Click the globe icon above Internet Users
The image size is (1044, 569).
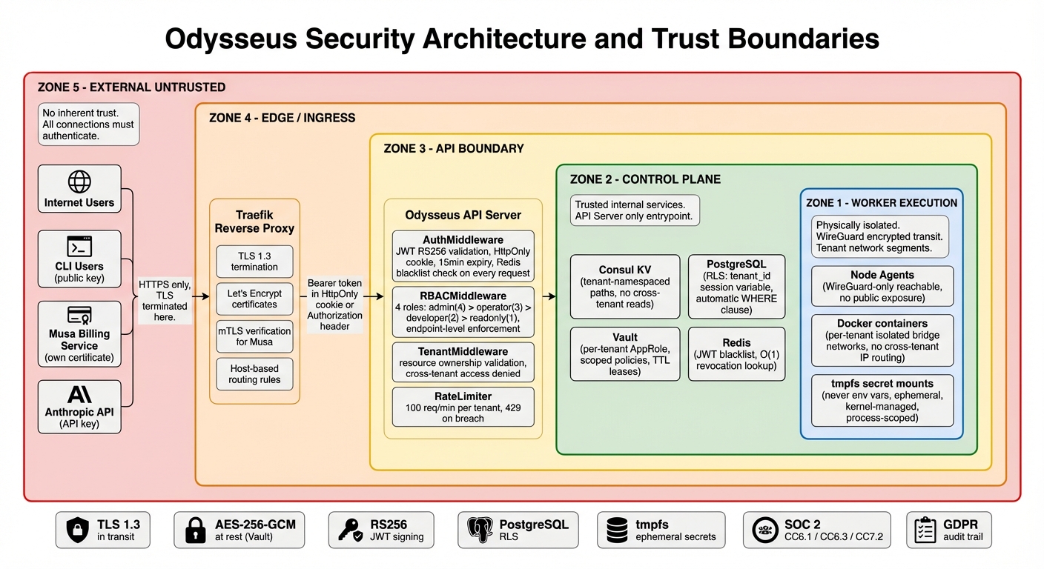pyautogui.click(x=79, y=182)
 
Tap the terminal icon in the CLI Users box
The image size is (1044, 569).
pyautogui.click(x=79, y=246)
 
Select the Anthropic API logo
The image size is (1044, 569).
pyautogui.click(x=79, y=394)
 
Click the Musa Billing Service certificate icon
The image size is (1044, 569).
pyautogui.click(x=79, y=316)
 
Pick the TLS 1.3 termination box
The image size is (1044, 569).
pyautogui.click(x=254, y=262)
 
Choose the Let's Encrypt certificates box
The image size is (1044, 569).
pyautogui.click(x=254, y=299)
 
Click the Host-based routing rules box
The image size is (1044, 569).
pyautogui.click(x=254, y=374)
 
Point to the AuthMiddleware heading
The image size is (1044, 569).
pyautogui.click(x=463, y=240)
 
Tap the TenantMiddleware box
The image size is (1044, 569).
pyautogui.click(x=463, y=362)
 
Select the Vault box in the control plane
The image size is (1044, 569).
pyautogui.click(x=624, y=354)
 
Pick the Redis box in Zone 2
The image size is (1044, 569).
pyautogui.click(x=736, y=354)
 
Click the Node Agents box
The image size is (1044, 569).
pyautogui.click(x=882, y=286)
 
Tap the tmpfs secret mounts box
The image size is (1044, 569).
pyautogui.click(x=882, y=400)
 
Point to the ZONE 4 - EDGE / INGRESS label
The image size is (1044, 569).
pyautogui.click(x=282, y=118)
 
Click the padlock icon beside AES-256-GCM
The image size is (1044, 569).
pyautogui.click(x=195, y=530)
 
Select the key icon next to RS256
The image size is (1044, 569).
pyautogui.click(x=349, y=530)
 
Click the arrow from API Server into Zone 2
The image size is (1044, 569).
pyautogui.click(x=549, y=296)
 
